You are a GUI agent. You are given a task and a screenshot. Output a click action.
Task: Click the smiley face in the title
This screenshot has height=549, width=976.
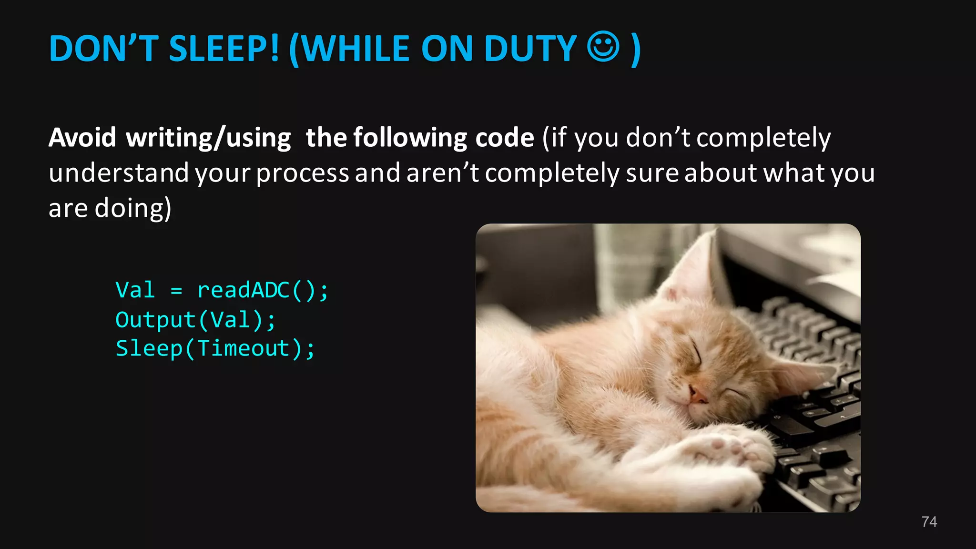click(x=603, y=47)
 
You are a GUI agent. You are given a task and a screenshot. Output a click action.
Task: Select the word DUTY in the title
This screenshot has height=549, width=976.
click(x=530, y=49)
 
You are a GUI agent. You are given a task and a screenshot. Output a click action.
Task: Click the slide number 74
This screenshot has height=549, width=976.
click(x=929, y=522)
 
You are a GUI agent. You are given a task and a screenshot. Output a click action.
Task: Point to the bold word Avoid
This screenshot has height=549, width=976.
click(x=82, y=138)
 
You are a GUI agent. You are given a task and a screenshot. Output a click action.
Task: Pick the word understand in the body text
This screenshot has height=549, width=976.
click(x=119, y=173)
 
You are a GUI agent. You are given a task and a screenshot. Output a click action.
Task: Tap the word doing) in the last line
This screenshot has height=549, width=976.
click(x=133, y=208)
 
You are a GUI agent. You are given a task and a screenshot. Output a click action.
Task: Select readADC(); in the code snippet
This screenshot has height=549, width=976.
click(x=263, y=290)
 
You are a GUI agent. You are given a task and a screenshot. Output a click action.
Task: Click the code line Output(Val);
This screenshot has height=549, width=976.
click(x=195, y=320)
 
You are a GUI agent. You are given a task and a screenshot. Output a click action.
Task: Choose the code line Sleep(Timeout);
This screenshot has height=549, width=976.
click(x=215, y=348)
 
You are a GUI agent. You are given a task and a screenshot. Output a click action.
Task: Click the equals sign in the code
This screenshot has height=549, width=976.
click(x=176, y=291)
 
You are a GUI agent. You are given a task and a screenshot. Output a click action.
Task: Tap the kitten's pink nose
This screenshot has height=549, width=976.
click(x=698, y=395)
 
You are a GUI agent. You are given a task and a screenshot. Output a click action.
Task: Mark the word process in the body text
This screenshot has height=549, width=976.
click(x=303, y=173)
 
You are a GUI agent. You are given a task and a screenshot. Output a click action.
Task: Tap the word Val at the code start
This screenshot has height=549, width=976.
click(x=135, y=290)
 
